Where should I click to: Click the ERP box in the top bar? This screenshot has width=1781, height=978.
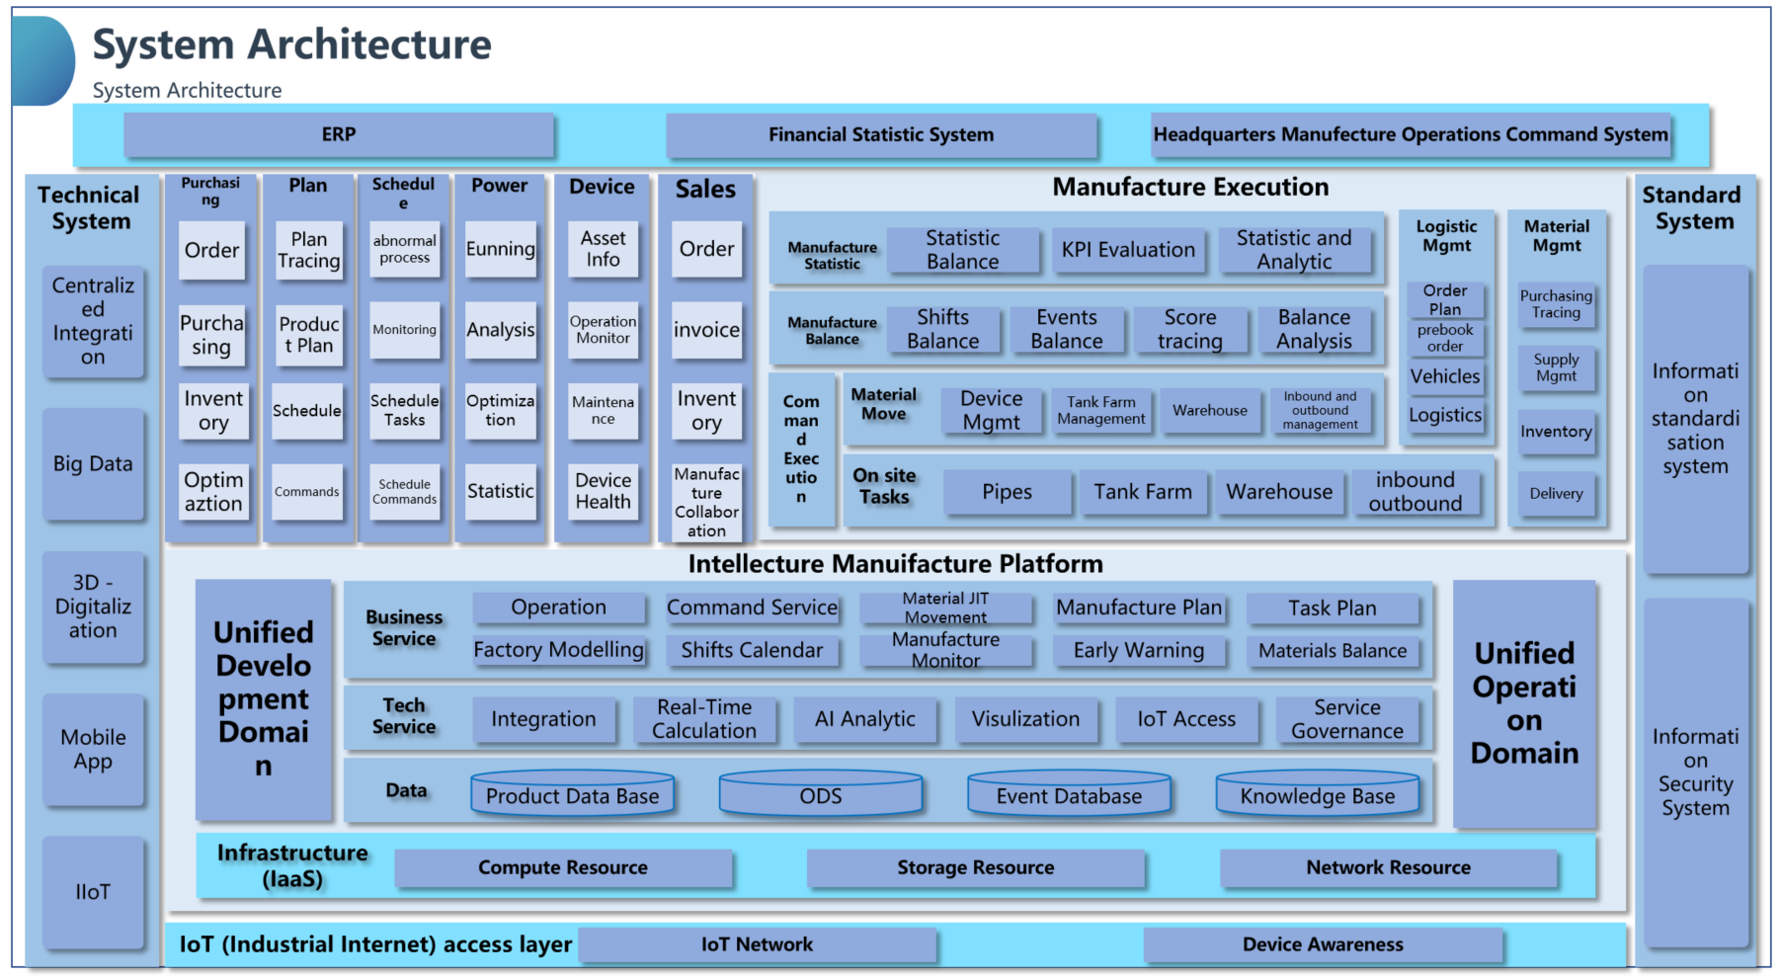339,135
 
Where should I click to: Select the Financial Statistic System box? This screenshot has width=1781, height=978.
881,135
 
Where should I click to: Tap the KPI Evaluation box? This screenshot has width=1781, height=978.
1128,250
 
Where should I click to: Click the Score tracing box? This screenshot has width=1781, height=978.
1190,329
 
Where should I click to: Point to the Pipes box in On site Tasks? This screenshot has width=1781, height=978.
1007,492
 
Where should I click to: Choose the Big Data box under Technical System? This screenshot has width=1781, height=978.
93,464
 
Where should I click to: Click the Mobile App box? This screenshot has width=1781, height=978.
93,750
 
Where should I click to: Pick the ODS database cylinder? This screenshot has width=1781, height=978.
820,795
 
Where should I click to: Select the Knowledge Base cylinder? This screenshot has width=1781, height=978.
1317,795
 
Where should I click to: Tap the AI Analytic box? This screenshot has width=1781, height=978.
864,719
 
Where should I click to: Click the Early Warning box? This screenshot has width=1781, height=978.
1138,650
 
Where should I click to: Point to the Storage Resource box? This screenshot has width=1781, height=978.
975,868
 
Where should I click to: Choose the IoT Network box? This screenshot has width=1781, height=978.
757,944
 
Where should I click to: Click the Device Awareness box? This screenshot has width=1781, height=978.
1323,944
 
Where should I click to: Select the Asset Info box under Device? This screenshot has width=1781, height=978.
603,249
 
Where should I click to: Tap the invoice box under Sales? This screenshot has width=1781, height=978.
706,330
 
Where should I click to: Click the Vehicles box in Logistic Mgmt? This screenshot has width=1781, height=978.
1445,376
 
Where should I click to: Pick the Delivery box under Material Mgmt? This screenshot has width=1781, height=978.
1556,494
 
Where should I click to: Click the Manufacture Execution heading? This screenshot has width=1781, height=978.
1190,188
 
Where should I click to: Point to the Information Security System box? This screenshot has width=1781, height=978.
1695,773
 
